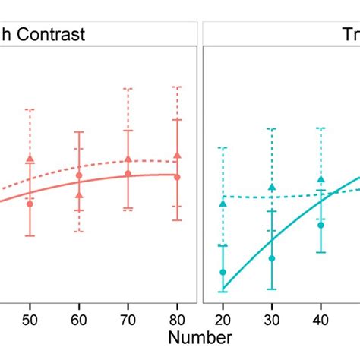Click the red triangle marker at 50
click(x=30, y=158)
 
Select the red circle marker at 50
click(x=30, y=204)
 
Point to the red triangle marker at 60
click(x=79, y=194)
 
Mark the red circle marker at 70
click(x=128, y=174)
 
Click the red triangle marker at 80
click(x=177, y=155)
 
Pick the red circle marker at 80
click(x=177, y=177)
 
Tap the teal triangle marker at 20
click(x=223, y=203)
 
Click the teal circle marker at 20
click(x=223, y=272)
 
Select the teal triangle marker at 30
click(x=272, y=188)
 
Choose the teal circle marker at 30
click(x=272, y=258)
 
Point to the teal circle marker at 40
click(x=321, y=225)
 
